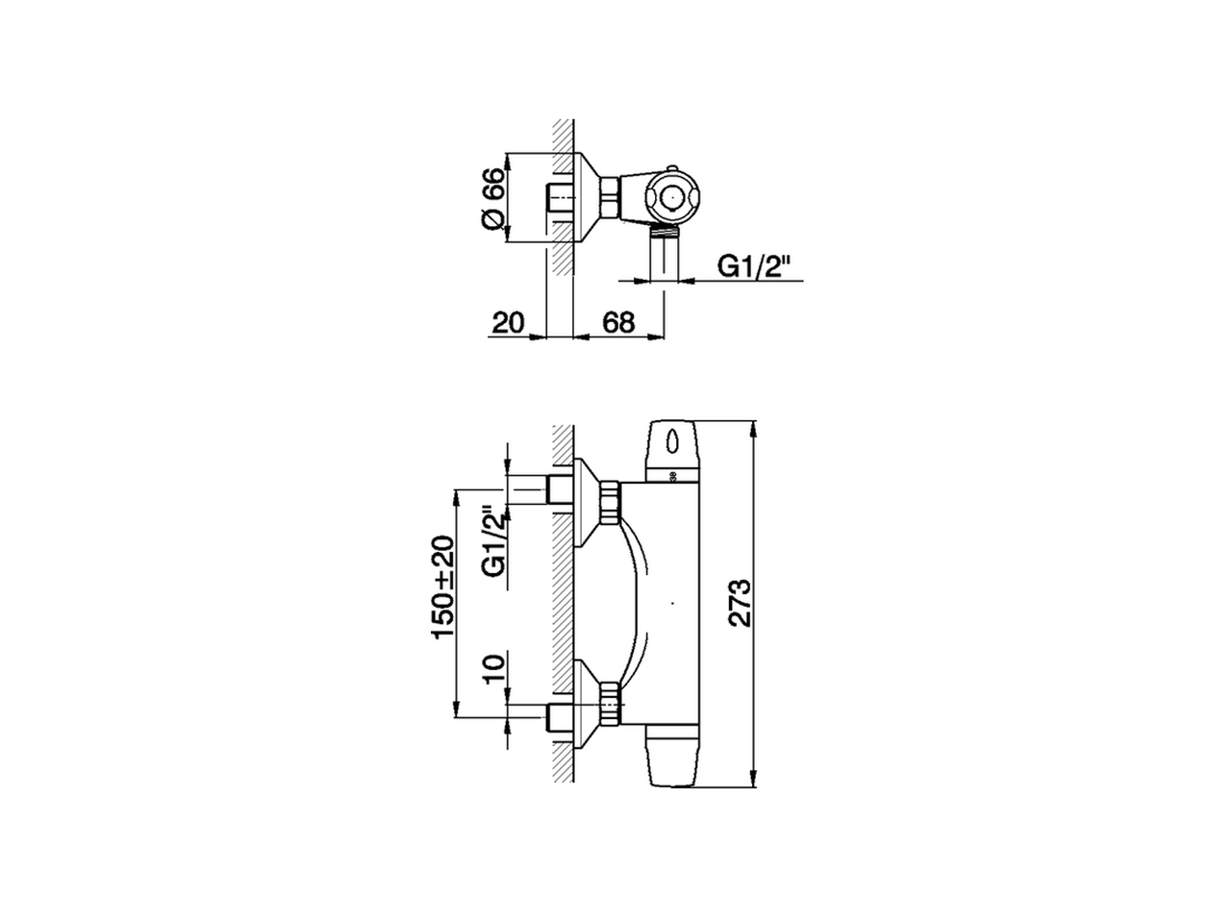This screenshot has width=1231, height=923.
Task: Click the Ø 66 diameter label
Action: [x=491, y=199]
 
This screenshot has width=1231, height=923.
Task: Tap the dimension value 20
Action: [x=508, y=322]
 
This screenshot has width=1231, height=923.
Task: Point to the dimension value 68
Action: [x=618, y=322]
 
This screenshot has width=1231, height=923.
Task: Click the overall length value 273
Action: [x=739, y=604]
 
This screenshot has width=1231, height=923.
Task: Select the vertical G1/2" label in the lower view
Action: [x=492, y=541]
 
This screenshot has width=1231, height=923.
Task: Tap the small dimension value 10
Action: [x=492, y=667]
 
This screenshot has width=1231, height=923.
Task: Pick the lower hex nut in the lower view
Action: [x=609, y=704]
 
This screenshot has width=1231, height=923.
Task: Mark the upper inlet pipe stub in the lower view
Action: [x=559, y=489]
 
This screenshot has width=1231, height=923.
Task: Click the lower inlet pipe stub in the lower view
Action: [x=559, y=718]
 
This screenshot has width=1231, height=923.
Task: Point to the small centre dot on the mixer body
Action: [x=672, y=605]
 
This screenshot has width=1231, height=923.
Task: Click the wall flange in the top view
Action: [x=585, y=199]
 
